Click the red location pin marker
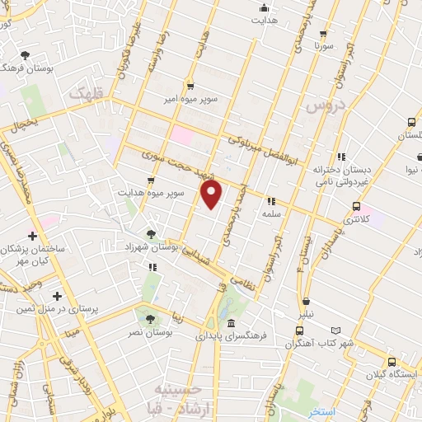tap(212, 195)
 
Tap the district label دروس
tap(322, 106)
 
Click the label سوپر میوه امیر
tap(190, 99)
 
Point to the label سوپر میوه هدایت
tap(150, 193)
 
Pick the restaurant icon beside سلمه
tap(270, 200)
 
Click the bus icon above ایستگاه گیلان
tap(392, 361)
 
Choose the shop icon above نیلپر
tap(307, 302)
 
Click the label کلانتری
tap(356, 221)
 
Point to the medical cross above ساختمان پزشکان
tap(32, 236)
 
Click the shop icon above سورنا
tap(322, 35)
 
